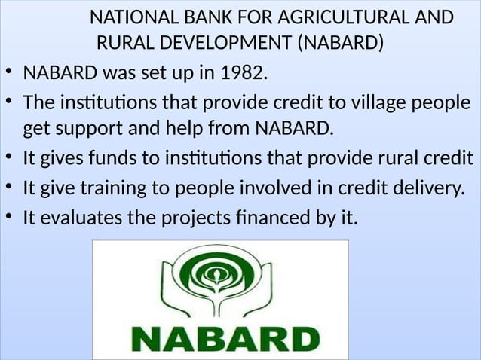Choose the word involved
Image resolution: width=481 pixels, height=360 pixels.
[287, 188]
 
